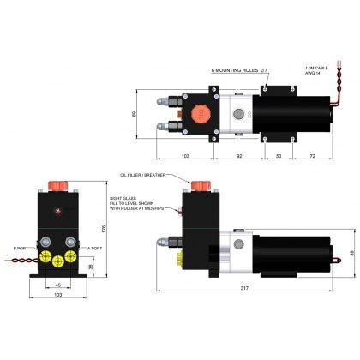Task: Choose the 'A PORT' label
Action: (x=94, y=249)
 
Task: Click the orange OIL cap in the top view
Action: (x=195, y=112)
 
